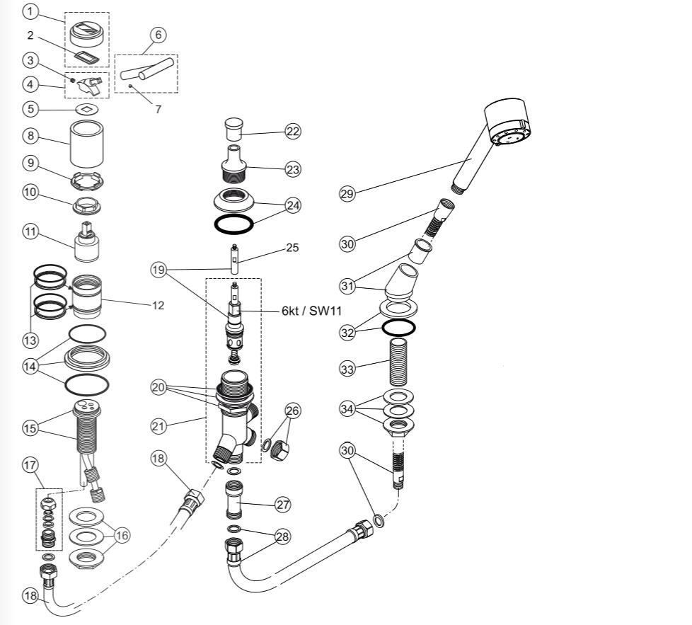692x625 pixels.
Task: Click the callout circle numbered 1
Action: (30, 11)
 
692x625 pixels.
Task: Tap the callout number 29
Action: (347, 194)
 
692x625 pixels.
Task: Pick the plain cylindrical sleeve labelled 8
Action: (86, 143)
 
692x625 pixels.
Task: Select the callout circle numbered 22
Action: (293, 131)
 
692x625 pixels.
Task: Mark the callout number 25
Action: (292, 248)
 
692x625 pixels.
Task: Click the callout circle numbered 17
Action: (30, 465)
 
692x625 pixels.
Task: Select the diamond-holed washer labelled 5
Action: (86, 110)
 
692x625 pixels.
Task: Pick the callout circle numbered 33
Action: (347, 368)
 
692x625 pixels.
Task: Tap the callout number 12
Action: (158, 306)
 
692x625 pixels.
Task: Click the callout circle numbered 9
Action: (30, 163)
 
